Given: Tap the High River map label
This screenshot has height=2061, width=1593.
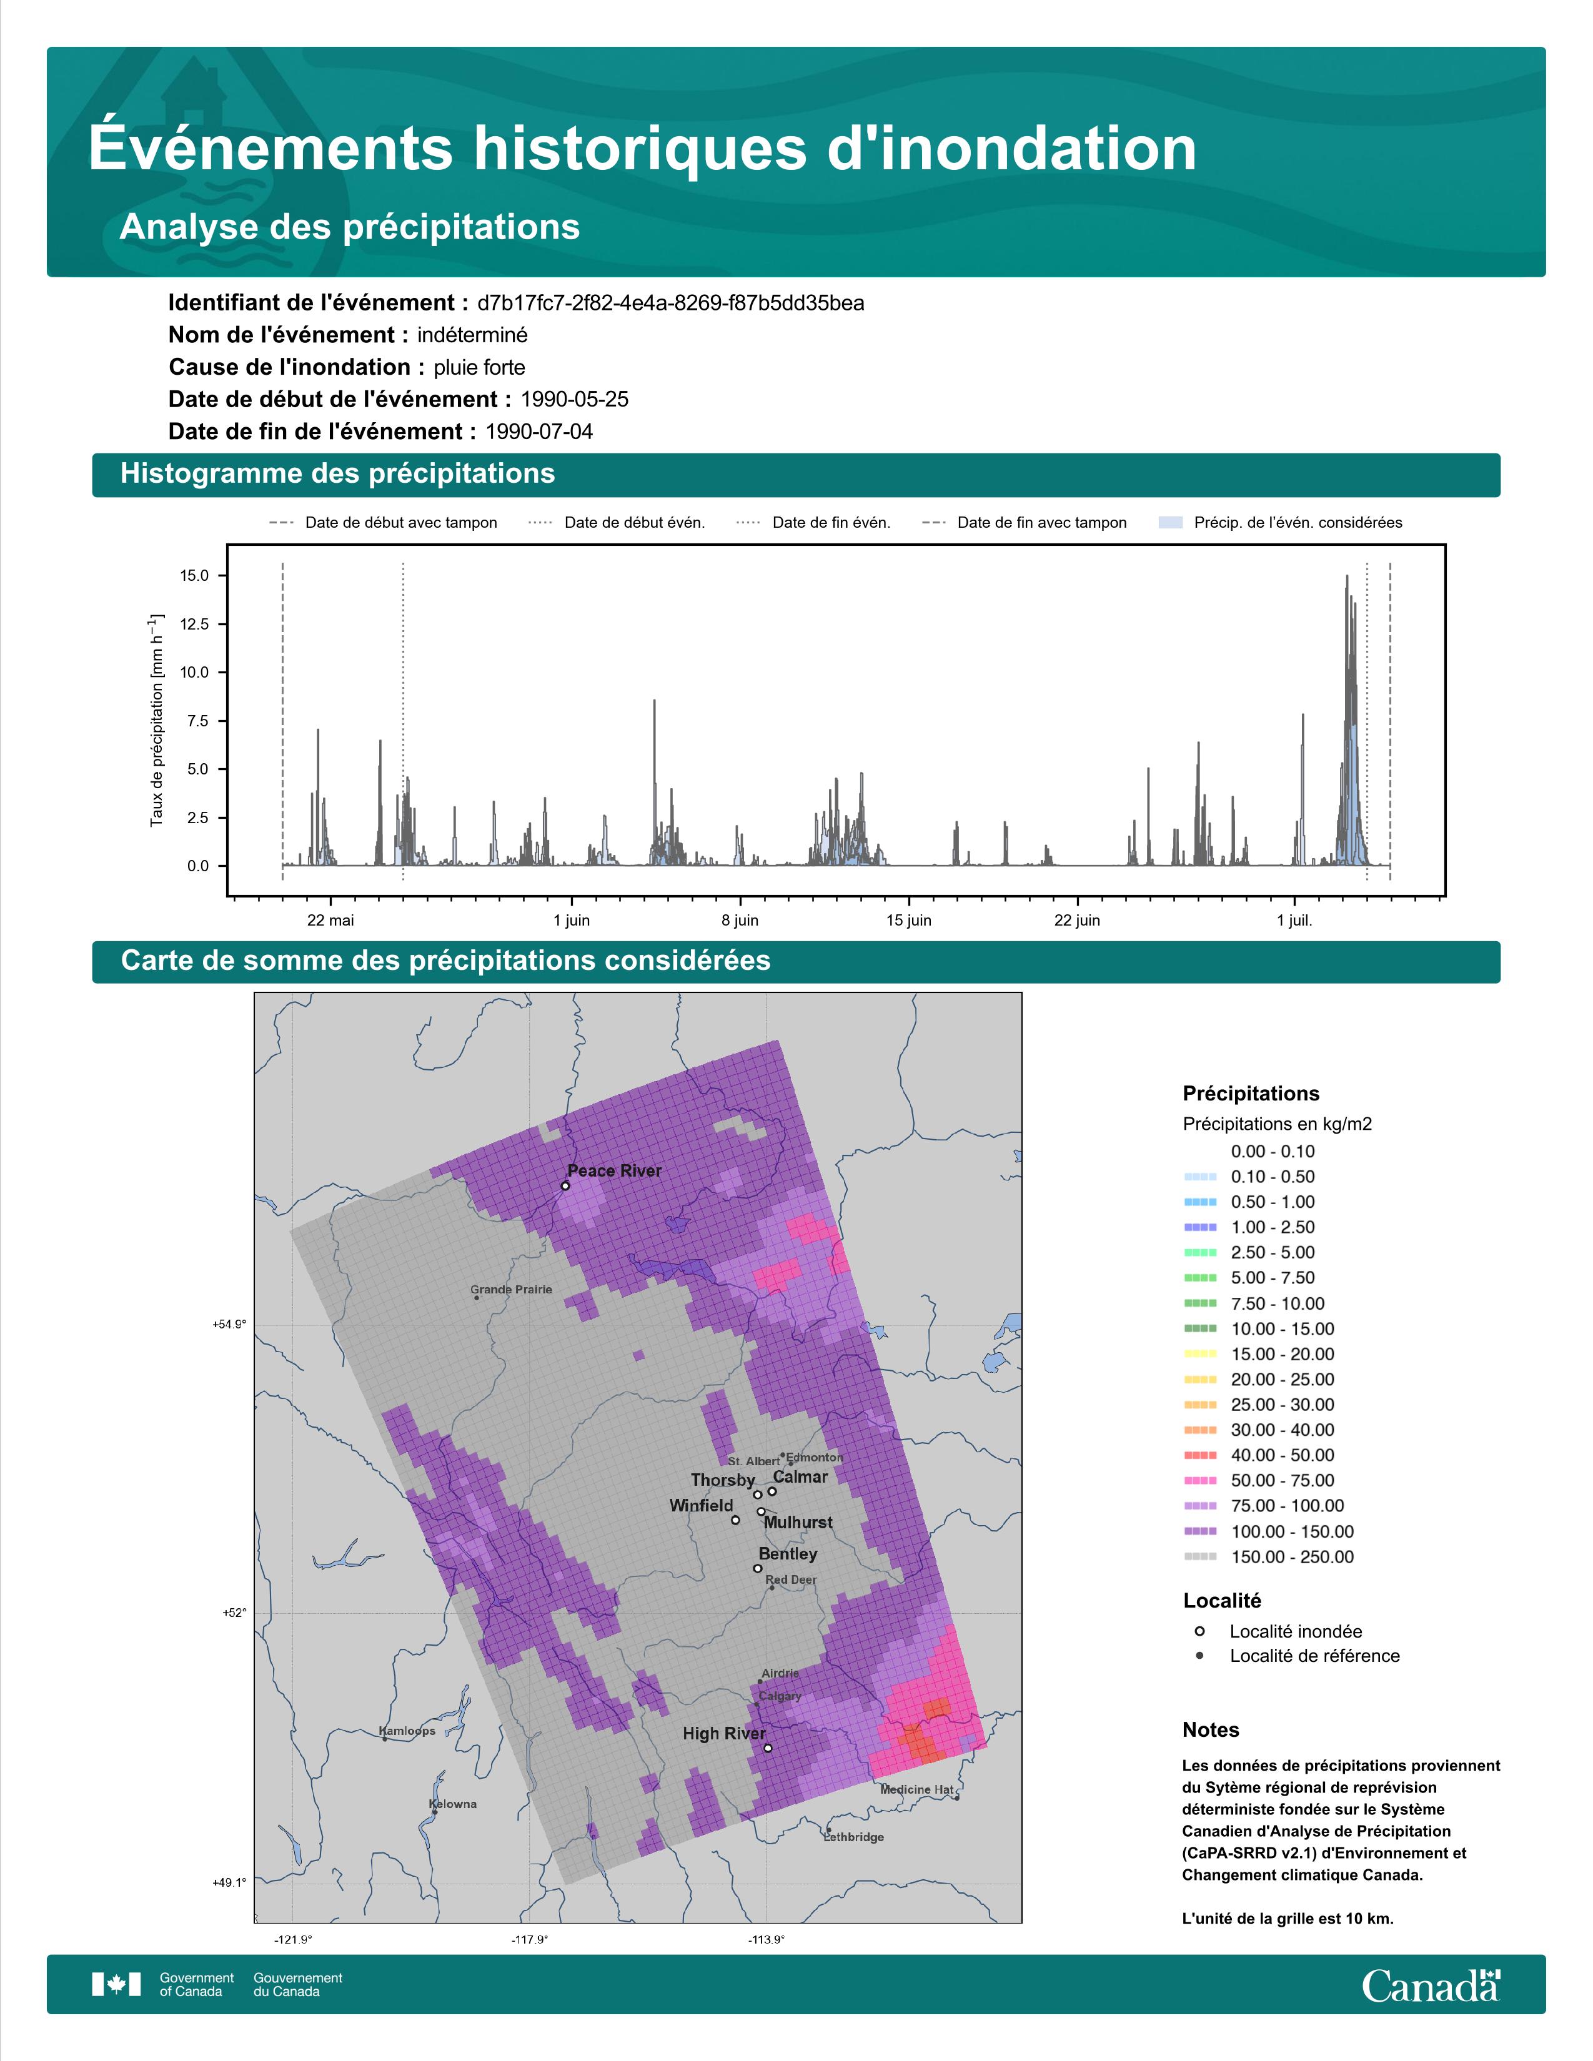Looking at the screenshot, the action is tap(724, 1734).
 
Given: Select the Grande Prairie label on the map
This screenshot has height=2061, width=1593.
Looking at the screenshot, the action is tap(512, 1289).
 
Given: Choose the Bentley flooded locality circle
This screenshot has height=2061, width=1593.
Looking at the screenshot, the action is tap(757, 1568).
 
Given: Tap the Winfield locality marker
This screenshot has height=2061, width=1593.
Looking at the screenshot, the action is tap(735, 1520).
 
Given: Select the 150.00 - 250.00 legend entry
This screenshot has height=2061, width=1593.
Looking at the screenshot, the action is tap(1268, 1557).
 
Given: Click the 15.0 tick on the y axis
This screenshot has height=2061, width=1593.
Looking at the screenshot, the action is tap(194, 576).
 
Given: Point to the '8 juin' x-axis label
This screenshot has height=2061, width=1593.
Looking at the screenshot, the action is tap(740, 920).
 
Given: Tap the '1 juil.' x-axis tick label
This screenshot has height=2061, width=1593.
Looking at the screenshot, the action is tap(1295, 920).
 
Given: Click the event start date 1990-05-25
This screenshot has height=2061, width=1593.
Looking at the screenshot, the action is tap(575, 399).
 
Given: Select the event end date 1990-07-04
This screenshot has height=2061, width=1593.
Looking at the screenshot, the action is tap(539, 432).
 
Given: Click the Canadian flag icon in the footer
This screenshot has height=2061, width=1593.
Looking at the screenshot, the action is tap(116, 1985).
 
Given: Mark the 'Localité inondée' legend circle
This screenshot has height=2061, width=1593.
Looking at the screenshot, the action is tap(1199, 1631).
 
